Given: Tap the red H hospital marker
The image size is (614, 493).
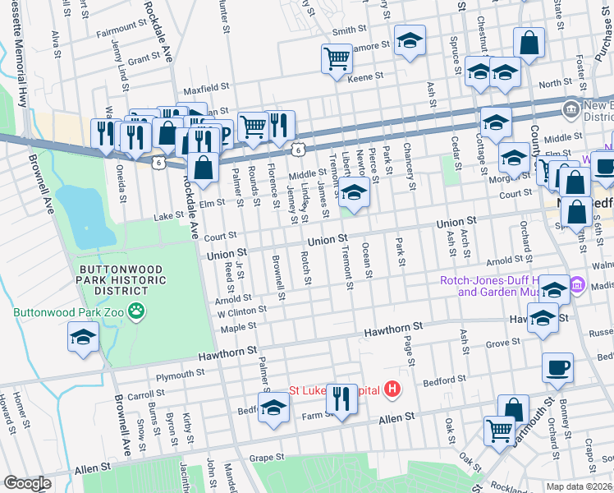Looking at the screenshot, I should [x=394, y=389].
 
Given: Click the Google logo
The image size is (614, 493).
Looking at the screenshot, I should [x=28, y=483].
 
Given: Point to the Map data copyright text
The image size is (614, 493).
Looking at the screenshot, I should [x=580, y=486].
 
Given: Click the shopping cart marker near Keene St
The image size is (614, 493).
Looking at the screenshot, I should [x=337, y=58].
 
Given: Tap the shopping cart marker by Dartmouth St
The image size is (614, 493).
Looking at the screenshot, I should [x=499, y=428].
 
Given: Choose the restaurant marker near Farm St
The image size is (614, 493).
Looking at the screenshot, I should [x=341, y=399].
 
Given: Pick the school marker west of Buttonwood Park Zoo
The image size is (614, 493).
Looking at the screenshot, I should [x=83, y=337].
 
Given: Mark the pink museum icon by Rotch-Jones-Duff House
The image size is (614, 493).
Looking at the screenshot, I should [x=578, y=285].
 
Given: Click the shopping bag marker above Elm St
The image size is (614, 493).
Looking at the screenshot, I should [x=202, y=167].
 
